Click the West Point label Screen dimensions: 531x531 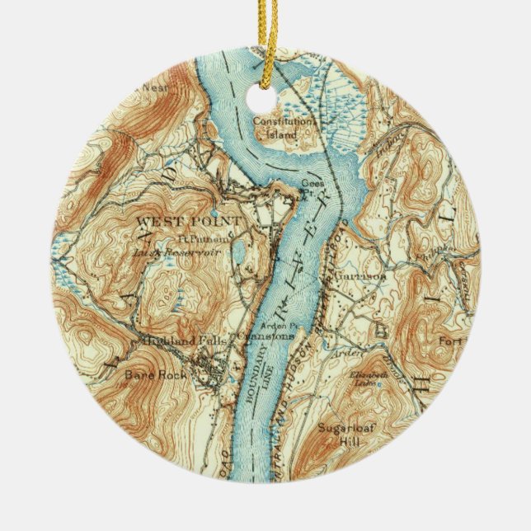pos(189,222)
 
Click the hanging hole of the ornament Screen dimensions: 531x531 pos(265,96)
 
